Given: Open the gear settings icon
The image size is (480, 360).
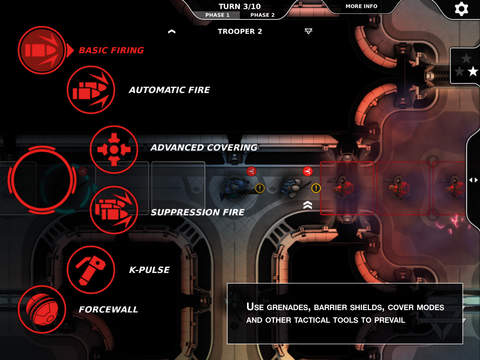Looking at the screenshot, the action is pyautogui.click(x=461, y=9).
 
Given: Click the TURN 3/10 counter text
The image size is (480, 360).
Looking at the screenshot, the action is pyautogui.click(x=240, y=6).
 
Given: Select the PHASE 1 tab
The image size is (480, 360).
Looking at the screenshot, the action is pyautogui.click(x=217, y=15).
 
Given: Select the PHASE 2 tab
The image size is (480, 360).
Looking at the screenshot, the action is pyautogui.click(x=262, y=15).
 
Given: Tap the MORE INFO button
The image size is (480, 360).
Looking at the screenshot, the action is pyautogui.click(x=361, y=6).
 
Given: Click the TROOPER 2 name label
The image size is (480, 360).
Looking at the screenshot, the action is pyautogui.click(x=240, y=31).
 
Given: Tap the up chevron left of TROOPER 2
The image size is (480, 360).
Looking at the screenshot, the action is pyautogui.click(x=172, y=32).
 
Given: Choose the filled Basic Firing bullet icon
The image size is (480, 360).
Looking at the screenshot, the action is pyautogui.click(x=42, y=50).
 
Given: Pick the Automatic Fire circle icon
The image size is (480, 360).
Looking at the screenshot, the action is pyautogui.click(x=91, y=90).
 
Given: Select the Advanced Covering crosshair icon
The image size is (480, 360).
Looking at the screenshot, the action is pyautogui.click(x=114, y=149).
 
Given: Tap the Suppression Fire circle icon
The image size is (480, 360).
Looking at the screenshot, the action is pyautogui.click(x=114, y=210).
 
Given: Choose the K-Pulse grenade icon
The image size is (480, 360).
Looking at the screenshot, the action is pyautogui.click(x=91, y=270).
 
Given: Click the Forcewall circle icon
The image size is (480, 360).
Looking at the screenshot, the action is pyautogui.click(x=42, y=309).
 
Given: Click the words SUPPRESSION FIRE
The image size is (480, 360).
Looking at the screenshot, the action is pyautogui.click(x=198, y=212).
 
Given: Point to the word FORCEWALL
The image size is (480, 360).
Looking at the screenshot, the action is pyautogui.click(x=108, y=309).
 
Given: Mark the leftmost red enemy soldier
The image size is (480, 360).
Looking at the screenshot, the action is pyautogui.click(x=343, y=187).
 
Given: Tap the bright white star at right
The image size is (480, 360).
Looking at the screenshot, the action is pyautogui.click(x=473, y=71).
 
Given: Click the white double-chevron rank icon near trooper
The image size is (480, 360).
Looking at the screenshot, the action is pyautogui.click(x=308, y=205).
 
